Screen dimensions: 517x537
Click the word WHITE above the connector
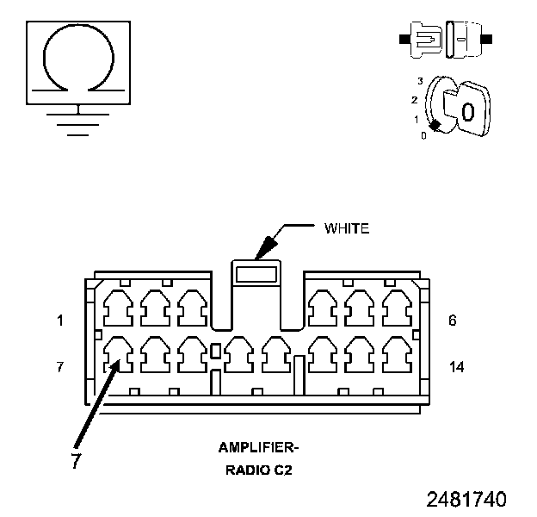click(x=346, y=229)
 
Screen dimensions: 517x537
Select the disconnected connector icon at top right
click(x=444, y=40)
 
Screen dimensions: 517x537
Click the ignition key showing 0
click(x=465, y=110)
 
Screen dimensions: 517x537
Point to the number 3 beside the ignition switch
click(x=420, y=80)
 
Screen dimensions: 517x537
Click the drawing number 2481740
click(x=466, y=500)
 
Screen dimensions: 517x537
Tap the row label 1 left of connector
click(x=60, y=321)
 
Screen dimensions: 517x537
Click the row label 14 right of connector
click(x=457, y=367)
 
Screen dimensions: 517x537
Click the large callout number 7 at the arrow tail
click(x=76, y=462)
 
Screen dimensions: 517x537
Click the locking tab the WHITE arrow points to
click(x=256, y=275)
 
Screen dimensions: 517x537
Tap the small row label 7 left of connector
click(x=60, y=367)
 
